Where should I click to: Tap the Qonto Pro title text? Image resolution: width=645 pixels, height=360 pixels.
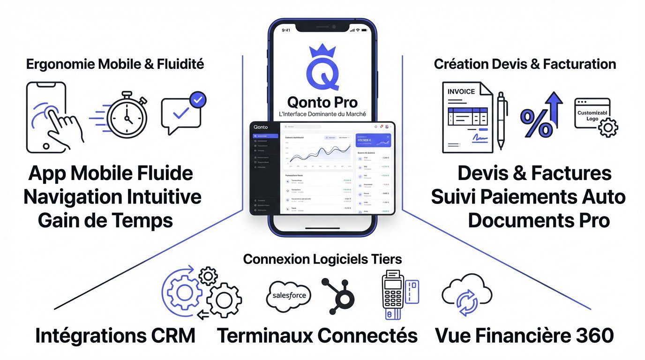[x=322, y=102]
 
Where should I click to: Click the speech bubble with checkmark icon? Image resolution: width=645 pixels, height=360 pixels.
[x=182, y=112]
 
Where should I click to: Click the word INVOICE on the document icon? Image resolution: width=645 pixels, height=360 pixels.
[x=461, y=91]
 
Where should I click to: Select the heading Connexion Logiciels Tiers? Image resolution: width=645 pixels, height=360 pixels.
[x=322, y=259]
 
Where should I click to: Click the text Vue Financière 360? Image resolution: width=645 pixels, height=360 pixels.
[x=524, y=336]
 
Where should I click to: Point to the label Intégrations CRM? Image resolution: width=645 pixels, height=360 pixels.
[x=115, y=336]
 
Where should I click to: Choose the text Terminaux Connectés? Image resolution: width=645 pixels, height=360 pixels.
[x=317, y=336]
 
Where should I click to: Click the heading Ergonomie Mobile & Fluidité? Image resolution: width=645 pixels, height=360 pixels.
[x=115, y=64]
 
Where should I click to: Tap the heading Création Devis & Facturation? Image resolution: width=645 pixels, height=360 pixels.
[x=525, y=64]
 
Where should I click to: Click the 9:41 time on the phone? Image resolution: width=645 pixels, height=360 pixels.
[x=286, y=30]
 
